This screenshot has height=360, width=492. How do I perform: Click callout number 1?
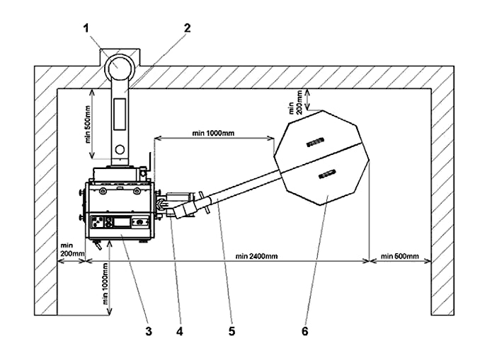pyautogui.click(x=86, y=28)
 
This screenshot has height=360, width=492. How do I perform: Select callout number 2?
pyautogui.click(x=187, y=28)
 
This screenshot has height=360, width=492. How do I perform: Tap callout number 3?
pyautogui.click(x=149, y=331)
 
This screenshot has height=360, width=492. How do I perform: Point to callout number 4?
pyautogui.click(x=179, y=331)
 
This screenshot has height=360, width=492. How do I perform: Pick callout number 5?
pyautogui.click(x=232, y=331)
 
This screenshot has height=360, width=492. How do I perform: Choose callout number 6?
pyautogui.click(x=305, y=331)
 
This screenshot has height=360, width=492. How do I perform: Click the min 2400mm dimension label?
pyautogui.click(x=257, y=256)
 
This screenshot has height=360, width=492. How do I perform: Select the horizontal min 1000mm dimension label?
pyautogui.click(x=213, y=133)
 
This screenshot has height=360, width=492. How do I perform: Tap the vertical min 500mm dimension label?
pyautogui.click(x=88, y=124)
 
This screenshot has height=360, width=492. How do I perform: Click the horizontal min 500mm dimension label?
pyautogui.click(x=400, y=256)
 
